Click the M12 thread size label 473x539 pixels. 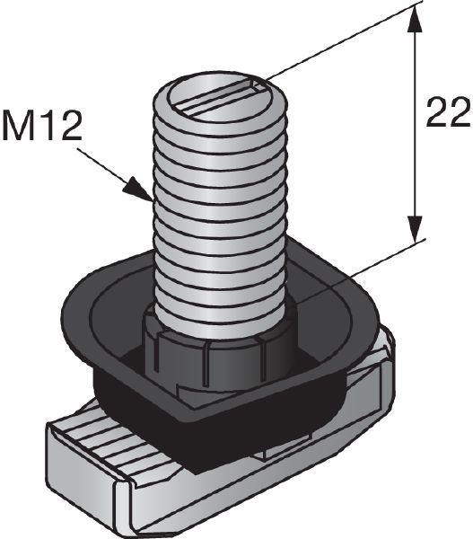pyautogui.click(x=42, y=126)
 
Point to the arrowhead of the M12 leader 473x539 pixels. pyautogui.click(x=139, y=190)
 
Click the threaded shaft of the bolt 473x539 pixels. pyautogui.click(x=215, y=207)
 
